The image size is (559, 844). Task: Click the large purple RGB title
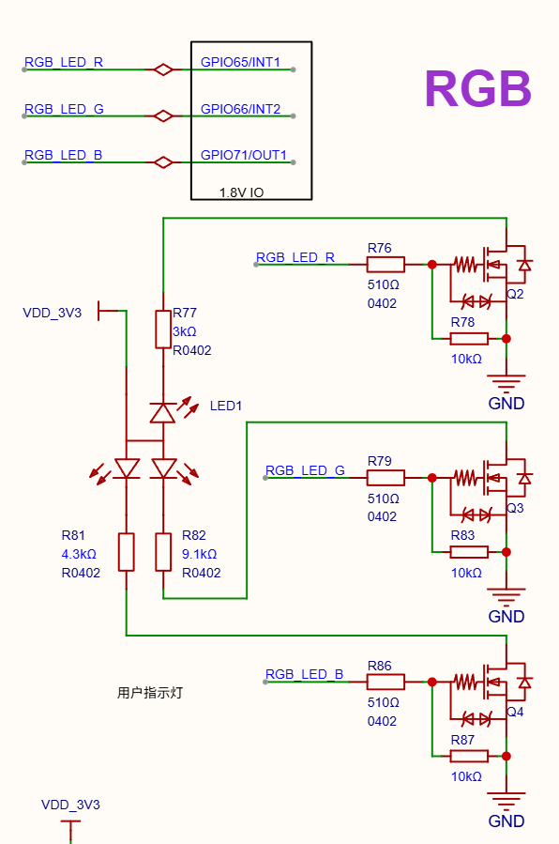477,89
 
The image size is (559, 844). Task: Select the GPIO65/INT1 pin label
240,63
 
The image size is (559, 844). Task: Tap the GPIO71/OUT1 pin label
244,155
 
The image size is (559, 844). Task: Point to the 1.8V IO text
241,192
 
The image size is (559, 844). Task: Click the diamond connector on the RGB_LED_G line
163,115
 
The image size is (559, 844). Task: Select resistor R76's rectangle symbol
385,265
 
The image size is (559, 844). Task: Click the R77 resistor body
163,329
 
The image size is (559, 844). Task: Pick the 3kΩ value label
185,331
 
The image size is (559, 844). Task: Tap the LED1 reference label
226,406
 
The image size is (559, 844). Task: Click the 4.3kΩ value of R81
79,554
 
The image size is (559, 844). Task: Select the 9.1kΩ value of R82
200,554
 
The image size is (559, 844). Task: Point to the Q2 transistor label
515,294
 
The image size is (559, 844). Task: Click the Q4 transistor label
515,712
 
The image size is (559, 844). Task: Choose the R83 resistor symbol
469,552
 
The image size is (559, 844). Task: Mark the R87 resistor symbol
469,756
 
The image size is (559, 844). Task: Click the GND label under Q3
506,616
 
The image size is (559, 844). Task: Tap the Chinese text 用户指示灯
150,693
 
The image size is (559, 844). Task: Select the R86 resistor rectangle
385,682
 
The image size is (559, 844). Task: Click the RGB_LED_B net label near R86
304,674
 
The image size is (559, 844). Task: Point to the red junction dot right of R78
506,339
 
